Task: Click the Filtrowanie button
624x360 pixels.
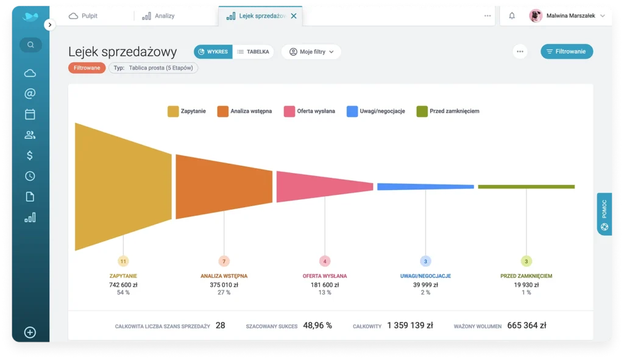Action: coord(566,52)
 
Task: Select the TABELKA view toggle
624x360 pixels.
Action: coord(253,52)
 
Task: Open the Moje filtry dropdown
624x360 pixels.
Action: coord(311,52)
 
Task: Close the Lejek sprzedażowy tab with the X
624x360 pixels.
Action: coord(294,16)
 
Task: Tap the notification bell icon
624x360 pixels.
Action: coord(512,16)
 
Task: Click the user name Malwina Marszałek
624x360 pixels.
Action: coord(571,16)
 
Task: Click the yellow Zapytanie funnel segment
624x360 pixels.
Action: coord(123,186)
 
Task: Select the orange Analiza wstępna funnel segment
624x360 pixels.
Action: coord(224,186)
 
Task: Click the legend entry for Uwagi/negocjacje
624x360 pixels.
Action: coord(376,111)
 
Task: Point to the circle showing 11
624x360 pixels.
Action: coord(123,261)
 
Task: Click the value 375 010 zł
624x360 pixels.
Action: coord(224,284)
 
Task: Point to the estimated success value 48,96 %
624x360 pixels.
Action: coord(317,325)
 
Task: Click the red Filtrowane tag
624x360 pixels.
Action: coord(87,68)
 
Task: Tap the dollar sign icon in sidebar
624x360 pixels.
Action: coord(30,155)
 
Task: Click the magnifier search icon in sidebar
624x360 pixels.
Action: coord(30,44)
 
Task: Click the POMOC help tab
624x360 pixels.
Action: coord(604,213)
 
